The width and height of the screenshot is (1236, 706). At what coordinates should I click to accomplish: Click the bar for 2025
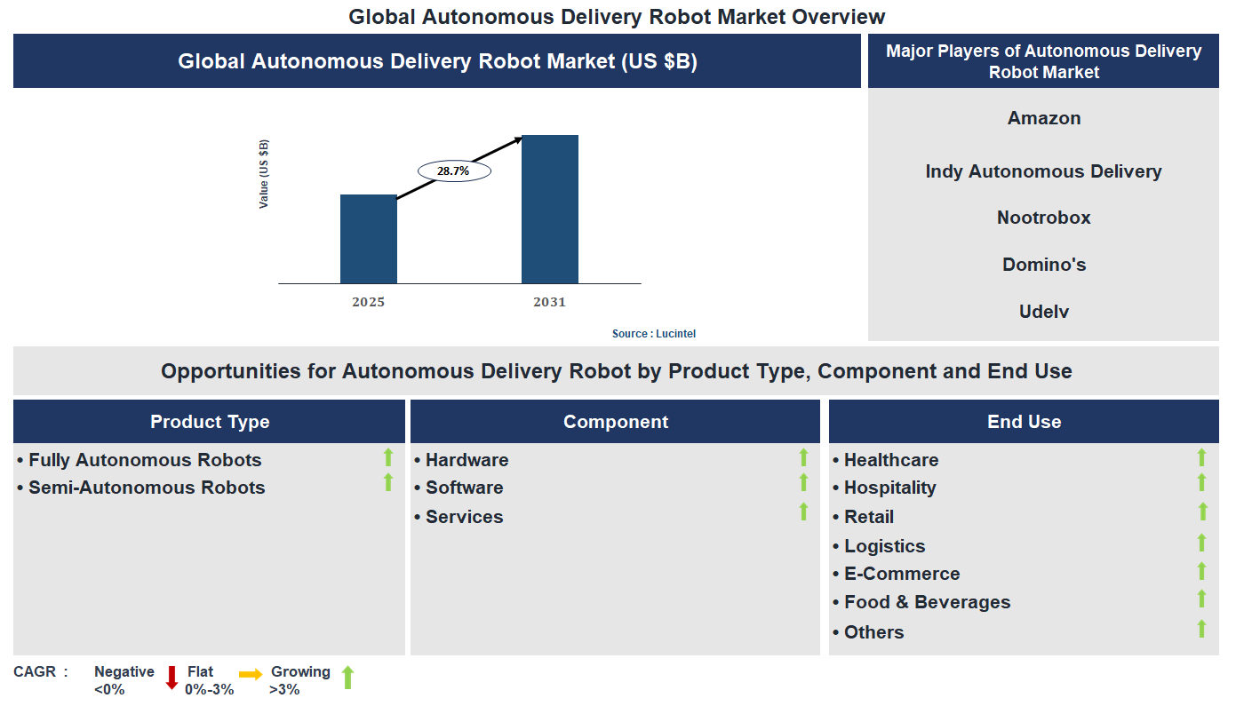369,239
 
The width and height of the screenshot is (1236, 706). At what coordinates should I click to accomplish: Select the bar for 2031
550,210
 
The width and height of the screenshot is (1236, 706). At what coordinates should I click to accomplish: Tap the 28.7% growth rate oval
453,171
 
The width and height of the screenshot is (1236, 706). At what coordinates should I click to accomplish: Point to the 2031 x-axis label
549,302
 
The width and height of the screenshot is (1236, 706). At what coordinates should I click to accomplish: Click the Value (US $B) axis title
264,174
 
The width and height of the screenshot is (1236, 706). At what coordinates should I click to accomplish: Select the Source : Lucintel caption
654,334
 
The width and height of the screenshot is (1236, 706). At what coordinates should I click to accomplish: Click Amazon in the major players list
1044,118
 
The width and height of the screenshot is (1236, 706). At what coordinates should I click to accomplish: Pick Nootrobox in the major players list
1043,218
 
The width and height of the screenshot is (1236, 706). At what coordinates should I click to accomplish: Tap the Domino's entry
1044,265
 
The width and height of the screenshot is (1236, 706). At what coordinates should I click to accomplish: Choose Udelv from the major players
1044,312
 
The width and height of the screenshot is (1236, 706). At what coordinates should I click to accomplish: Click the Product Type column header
210,422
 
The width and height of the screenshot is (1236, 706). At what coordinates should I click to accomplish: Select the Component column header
615,422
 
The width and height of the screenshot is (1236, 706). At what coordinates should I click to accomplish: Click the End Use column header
1024,422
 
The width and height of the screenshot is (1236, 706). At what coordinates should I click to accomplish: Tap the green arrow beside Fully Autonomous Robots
388,457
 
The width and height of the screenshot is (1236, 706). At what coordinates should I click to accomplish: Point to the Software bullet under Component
464,488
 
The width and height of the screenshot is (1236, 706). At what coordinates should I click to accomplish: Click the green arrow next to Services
803,512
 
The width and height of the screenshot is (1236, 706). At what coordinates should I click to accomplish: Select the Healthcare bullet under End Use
890,460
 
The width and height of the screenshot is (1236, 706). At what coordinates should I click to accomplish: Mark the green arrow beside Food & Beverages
1201,599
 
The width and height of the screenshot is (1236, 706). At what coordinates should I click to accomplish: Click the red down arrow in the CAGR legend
172,678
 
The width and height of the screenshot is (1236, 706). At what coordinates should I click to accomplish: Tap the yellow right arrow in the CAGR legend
251,675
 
